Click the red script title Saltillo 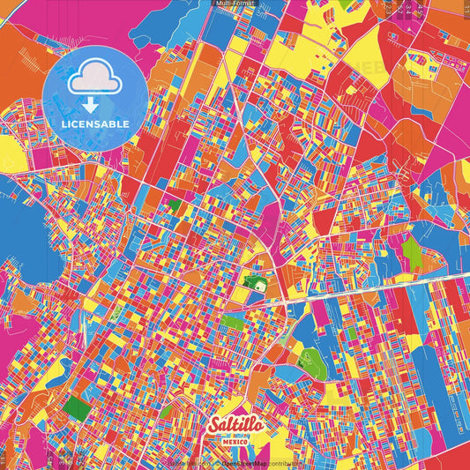coord(235,425)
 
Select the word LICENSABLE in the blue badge coord(95,123)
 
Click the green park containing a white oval coord(254,284)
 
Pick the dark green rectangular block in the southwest coord(78,409)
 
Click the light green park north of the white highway coord(412,254)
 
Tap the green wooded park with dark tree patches coord(309,358)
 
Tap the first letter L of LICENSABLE coord(64,123)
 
